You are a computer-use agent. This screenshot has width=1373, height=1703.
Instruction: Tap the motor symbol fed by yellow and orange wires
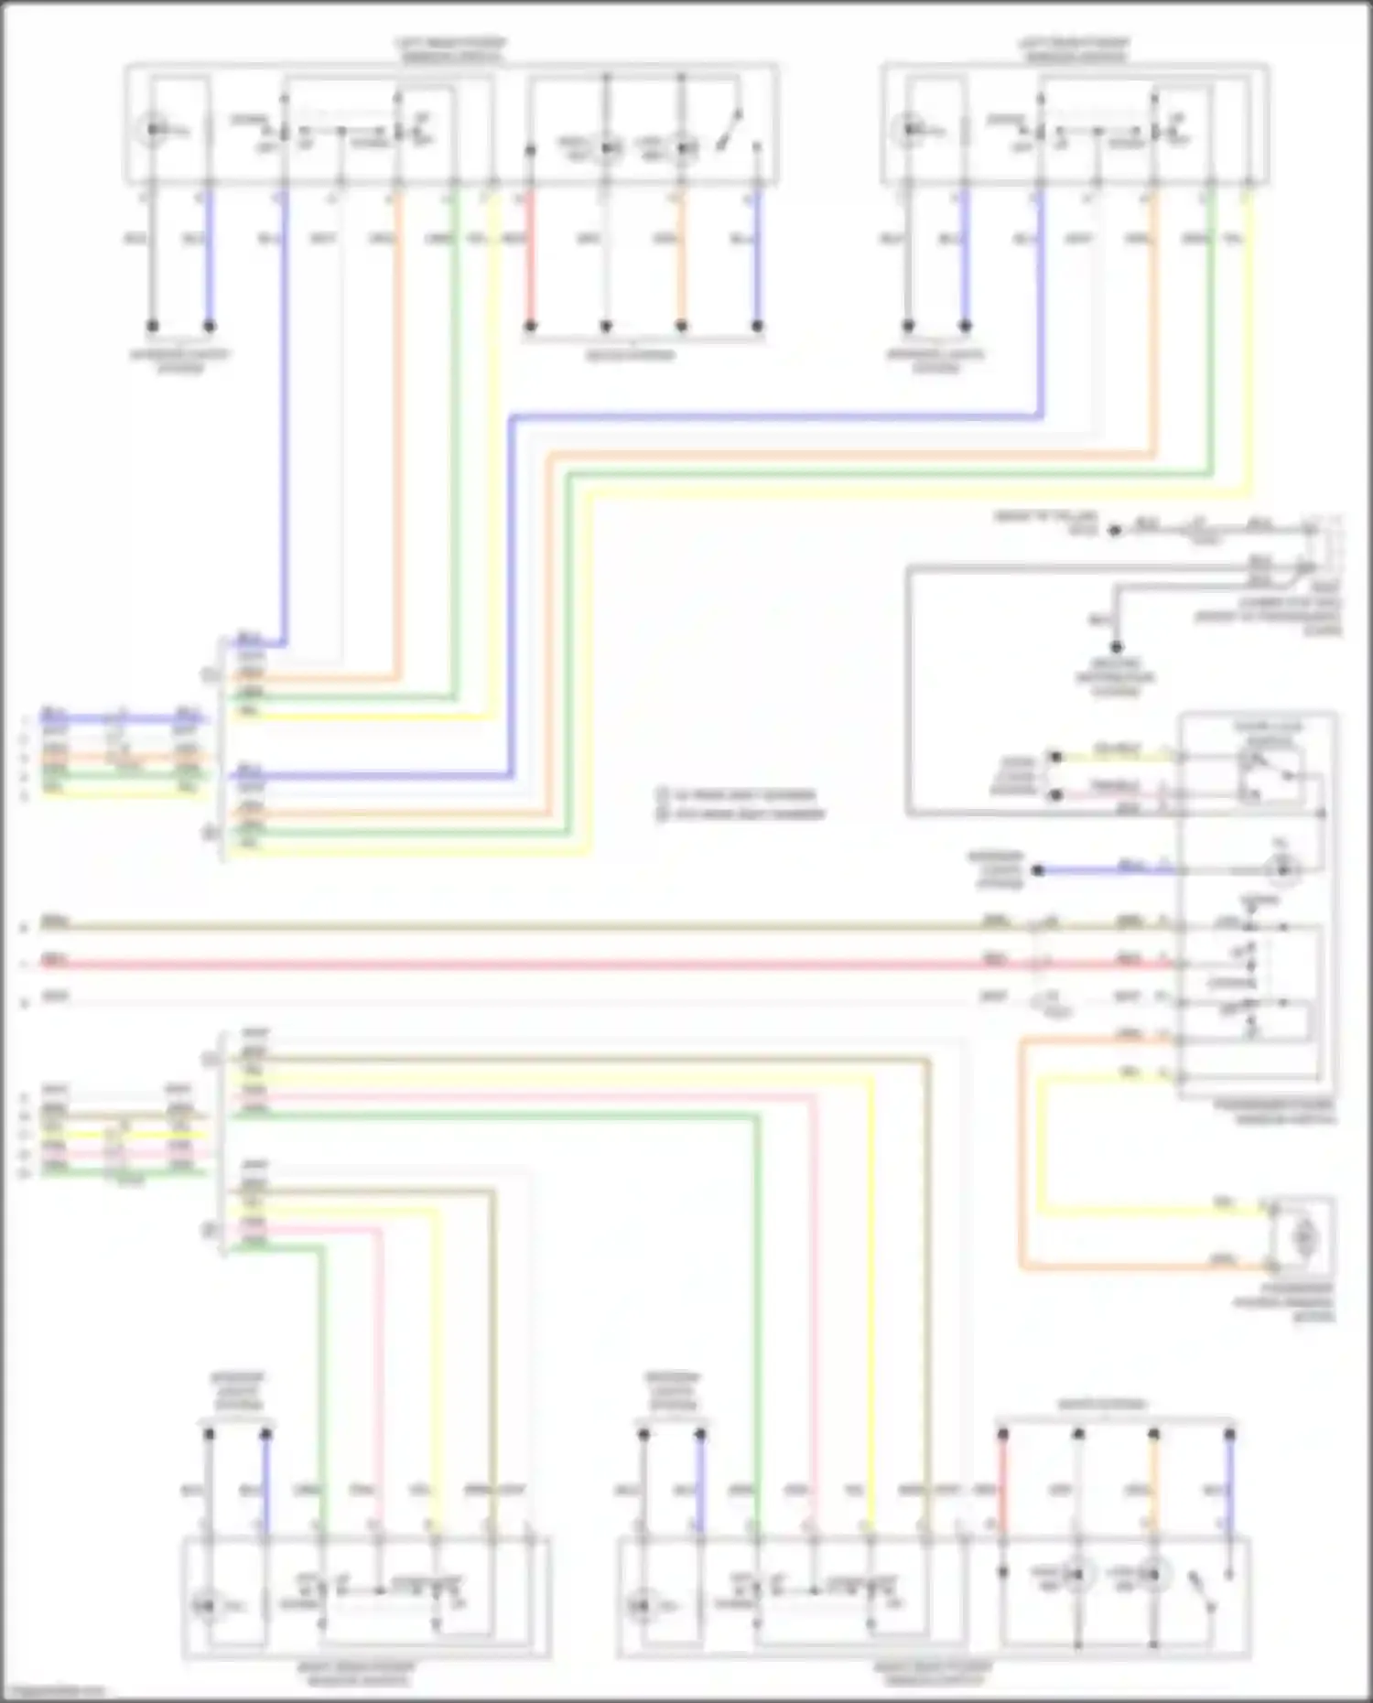pyautogui.click(x=1303, y=1238)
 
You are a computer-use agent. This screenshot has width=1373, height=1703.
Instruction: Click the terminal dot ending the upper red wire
pyautogui.click(x=530, y=326)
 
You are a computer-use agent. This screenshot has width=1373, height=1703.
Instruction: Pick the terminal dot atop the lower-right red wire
pyautogui.click(x=1003, y=1434)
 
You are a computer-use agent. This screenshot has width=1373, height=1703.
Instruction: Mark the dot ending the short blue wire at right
pyautogui.click(x=1038, y=870)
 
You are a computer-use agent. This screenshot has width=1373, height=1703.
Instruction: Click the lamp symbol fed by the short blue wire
pyautogui.click(x=1282, y=869)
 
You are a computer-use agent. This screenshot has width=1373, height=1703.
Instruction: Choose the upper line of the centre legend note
pyautogui.click(x=742, y=794)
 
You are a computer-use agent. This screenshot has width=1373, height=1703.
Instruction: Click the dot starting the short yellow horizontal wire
pyautogui.click(x=1055, y=757)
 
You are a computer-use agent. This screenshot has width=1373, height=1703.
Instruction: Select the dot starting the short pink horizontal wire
pyautogui.click(x=1055, y=794)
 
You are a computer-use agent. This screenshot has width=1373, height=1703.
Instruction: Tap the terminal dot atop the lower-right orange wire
pyautogui.click(x=1154, y=1434)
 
